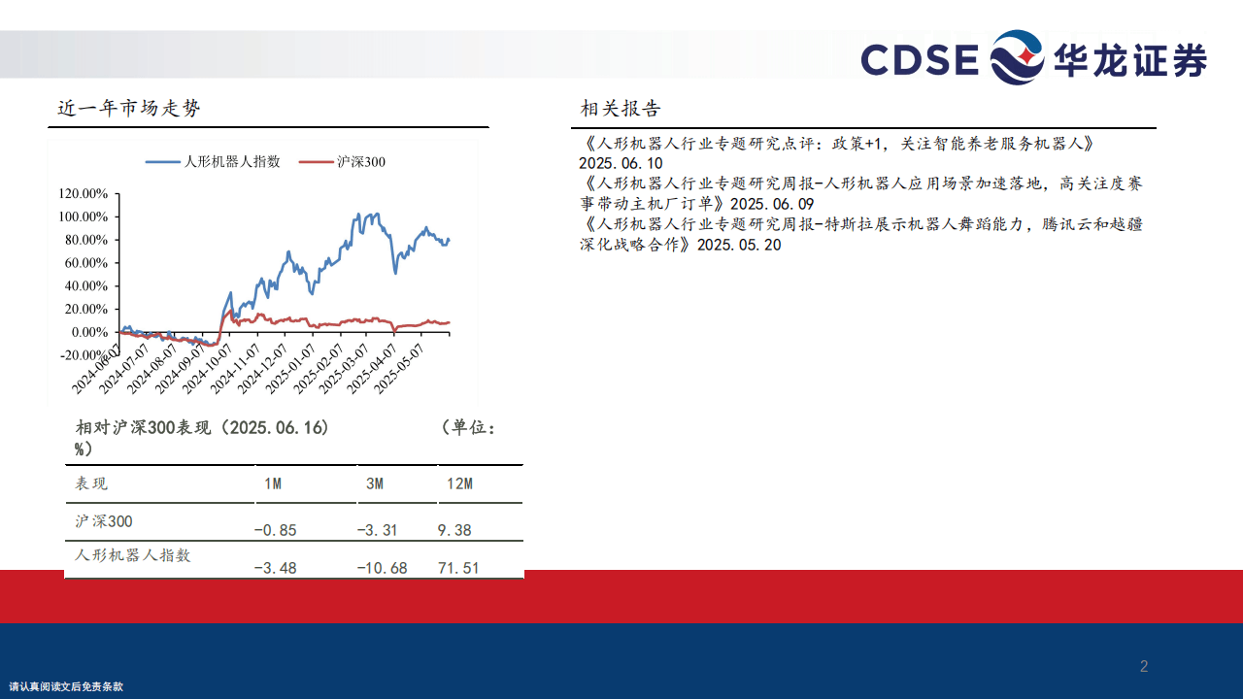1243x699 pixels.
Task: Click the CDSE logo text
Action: pyautogui.click(x=920, y=59)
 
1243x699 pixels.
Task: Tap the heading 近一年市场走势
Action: pyautogui.click(x=129, y=108)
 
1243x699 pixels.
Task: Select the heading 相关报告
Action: pyautogui.click(x=621, y=108)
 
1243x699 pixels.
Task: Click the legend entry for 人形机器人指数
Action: pyautogui.click(x=213, y=161)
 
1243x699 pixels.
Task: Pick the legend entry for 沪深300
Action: pyautogui.click(x=342, y=162)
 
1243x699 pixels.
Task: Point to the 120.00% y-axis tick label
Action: pyautogui.click(x=83, y=193)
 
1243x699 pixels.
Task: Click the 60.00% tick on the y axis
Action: pyautogui.click(x=86, y=263)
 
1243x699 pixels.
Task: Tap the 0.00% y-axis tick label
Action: pyautogui.click(x=89, y=332)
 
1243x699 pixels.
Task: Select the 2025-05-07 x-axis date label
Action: pyautogui.click(x=398, y=369)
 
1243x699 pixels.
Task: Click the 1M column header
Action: pyautogui.click(x=273, y=483)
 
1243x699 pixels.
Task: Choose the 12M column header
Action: pyautogui.click(x=459, y=483)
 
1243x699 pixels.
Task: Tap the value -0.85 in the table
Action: pyautogui.click(x=275, y=530)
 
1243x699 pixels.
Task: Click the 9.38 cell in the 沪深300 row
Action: pyautogui.click(x=454, y=530)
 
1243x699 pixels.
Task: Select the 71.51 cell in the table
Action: pyautogui.click(x=458, y=568)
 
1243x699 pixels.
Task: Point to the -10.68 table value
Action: pyautogui.click(x=382, y=568)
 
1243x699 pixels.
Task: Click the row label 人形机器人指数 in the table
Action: pyautogui.click(x=133, y=555)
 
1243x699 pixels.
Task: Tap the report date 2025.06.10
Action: pyautogui.click(x=621, y=164)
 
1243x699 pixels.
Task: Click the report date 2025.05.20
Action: pyautogui.click(x=739, y=245)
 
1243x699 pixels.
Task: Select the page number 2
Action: pyautogui.click(x=1144, y=666)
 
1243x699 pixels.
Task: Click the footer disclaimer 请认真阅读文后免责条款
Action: pyautogui.click(x=66, y=686)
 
